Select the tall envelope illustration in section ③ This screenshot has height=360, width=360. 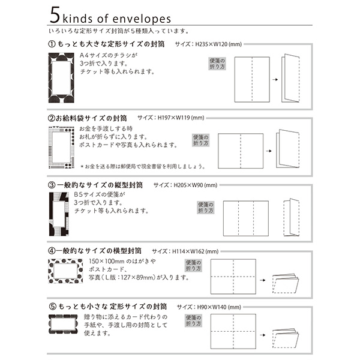click(x=59, y=214)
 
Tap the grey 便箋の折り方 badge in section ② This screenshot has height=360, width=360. click(x=200, y=141)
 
